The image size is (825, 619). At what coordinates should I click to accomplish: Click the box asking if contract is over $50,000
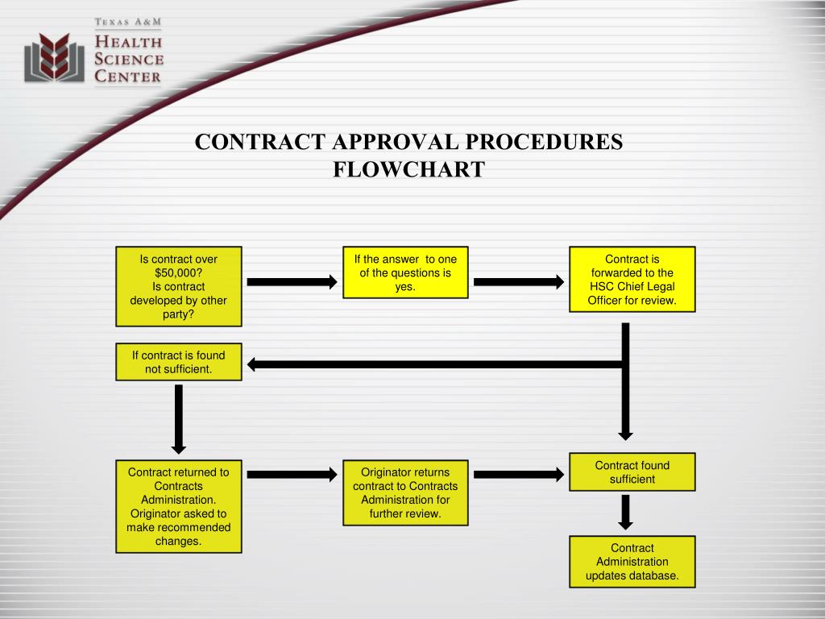tap(179, 286)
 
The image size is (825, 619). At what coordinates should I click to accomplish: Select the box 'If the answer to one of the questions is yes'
tap(406, 272)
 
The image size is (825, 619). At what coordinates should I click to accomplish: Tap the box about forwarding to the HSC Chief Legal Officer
tap(632, 280)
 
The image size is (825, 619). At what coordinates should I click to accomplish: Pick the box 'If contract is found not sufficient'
tap(179, 362)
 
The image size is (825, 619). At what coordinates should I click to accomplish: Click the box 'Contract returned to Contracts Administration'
tap(179, 506)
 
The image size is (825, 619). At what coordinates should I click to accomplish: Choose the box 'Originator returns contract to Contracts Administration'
tap(406, 492)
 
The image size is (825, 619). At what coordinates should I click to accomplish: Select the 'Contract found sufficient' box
tap(632, 472)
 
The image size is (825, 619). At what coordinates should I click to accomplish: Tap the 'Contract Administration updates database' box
tap(632, 562)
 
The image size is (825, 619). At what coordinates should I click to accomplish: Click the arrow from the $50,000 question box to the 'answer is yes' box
tap(292, 282)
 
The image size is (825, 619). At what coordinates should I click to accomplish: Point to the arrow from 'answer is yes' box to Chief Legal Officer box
tap(519, 282)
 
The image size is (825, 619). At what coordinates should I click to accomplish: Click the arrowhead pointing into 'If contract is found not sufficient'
tap(251, 364)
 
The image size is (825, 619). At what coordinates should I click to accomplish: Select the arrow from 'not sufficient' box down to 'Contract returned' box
tap(179, 419)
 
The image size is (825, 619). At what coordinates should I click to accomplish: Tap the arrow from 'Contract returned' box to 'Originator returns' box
tap(292, 475)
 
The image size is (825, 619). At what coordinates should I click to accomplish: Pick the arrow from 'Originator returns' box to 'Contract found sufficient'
tap(519, 475)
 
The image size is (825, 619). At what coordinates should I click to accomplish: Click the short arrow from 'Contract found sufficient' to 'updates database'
tap(625, 512)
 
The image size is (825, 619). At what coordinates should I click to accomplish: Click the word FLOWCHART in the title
tap(408, 169)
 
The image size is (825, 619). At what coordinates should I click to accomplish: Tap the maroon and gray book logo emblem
tap(54, 57)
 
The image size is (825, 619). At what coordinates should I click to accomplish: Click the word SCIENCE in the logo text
tap(129, 59)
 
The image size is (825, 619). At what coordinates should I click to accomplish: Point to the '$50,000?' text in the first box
tap(179, 272)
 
